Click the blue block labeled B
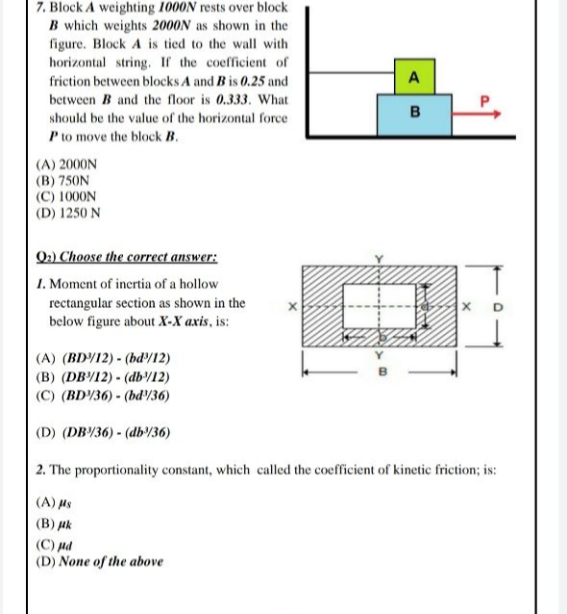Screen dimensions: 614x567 tap(415, 112)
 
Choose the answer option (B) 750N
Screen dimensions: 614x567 tap(68, 180)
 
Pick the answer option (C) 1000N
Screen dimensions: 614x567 tap(71, 195)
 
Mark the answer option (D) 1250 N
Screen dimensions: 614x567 tap(74, 212)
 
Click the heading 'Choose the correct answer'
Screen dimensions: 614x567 tap(135, 257)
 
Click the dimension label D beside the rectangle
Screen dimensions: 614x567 tap(498, 308)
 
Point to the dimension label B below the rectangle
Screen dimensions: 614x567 tap(382, 369)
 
